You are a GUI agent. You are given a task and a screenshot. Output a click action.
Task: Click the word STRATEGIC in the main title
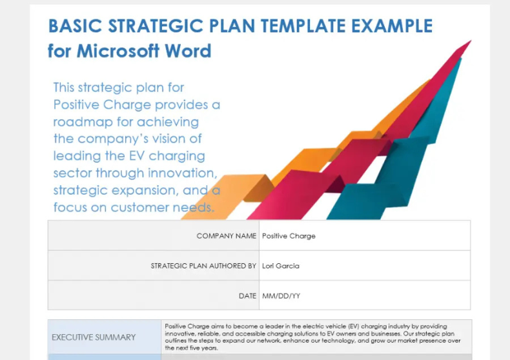tap(150, 26)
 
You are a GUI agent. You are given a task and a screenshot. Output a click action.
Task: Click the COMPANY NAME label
tap(226, 236)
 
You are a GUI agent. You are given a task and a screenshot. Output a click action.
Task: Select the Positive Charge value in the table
tap(289, 236)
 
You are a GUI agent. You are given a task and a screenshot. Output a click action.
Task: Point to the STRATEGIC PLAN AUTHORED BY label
tap(203, 266)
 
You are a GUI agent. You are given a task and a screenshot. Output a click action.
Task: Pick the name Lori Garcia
tap(280, 266)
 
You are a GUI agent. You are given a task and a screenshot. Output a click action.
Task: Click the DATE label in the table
tap(247, 295)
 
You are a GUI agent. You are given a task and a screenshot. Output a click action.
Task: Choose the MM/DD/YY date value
tap(281, 295)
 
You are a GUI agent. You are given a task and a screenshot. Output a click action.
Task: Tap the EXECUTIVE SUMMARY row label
tap(94, 337)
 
